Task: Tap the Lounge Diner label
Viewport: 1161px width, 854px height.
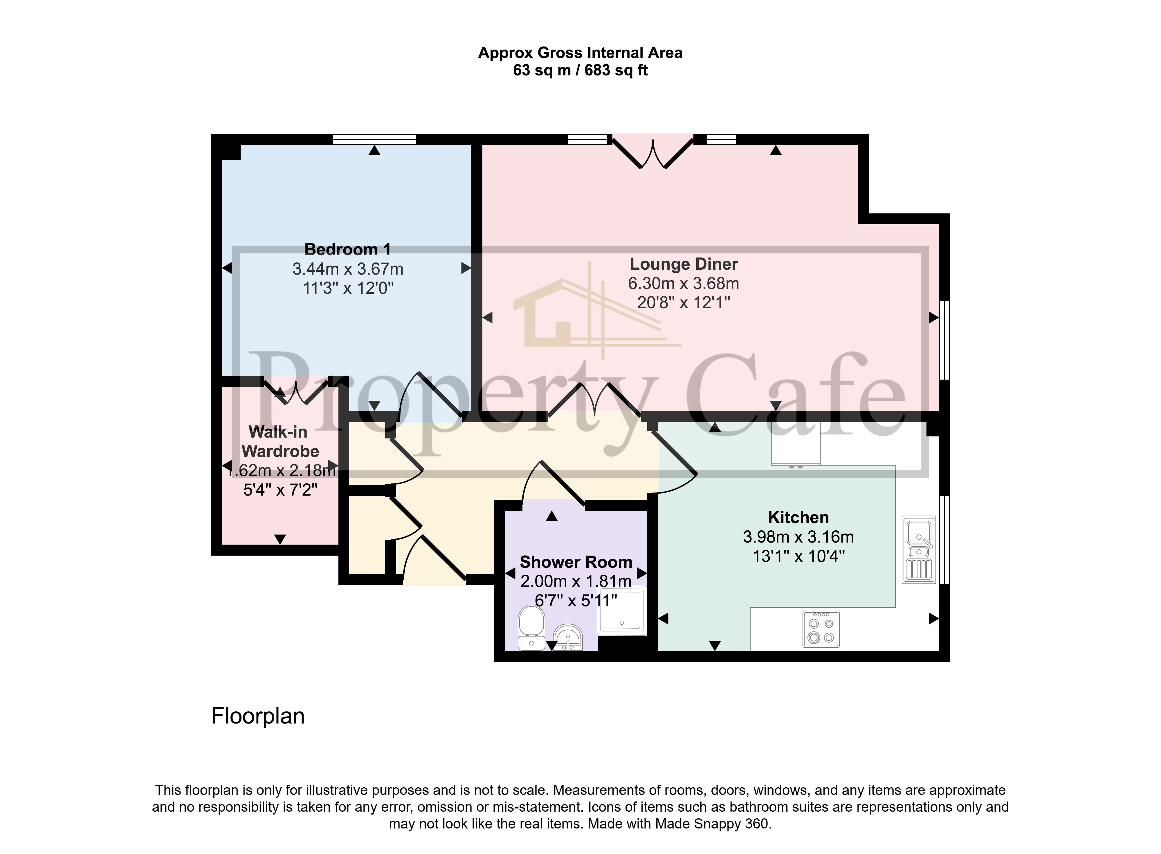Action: click(684, 264)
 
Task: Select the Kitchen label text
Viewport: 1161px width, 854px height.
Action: click(798, 517)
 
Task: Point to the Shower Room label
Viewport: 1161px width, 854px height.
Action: click(576, 562)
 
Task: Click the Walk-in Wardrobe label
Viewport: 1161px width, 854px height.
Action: click(280, 441)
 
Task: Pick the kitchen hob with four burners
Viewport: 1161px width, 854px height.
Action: click(821, 630)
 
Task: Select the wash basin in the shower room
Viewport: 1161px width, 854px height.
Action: click(568, 637)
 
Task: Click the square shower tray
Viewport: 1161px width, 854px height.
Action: click(622, 610)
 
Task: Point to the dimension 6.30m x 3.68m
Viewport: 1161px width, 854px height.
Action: click(684, 283)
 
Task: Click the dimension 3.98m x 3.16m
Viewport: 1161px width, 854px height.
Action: click(798, 537)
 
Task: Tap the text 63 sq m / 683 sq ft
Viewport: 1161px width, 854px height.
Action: click(580, 70)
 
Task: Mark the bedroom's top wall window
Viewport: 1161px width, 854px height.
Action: click(375, 139)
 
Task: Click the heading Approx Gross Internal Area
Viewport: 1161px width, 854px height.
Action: click(580, 53)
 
